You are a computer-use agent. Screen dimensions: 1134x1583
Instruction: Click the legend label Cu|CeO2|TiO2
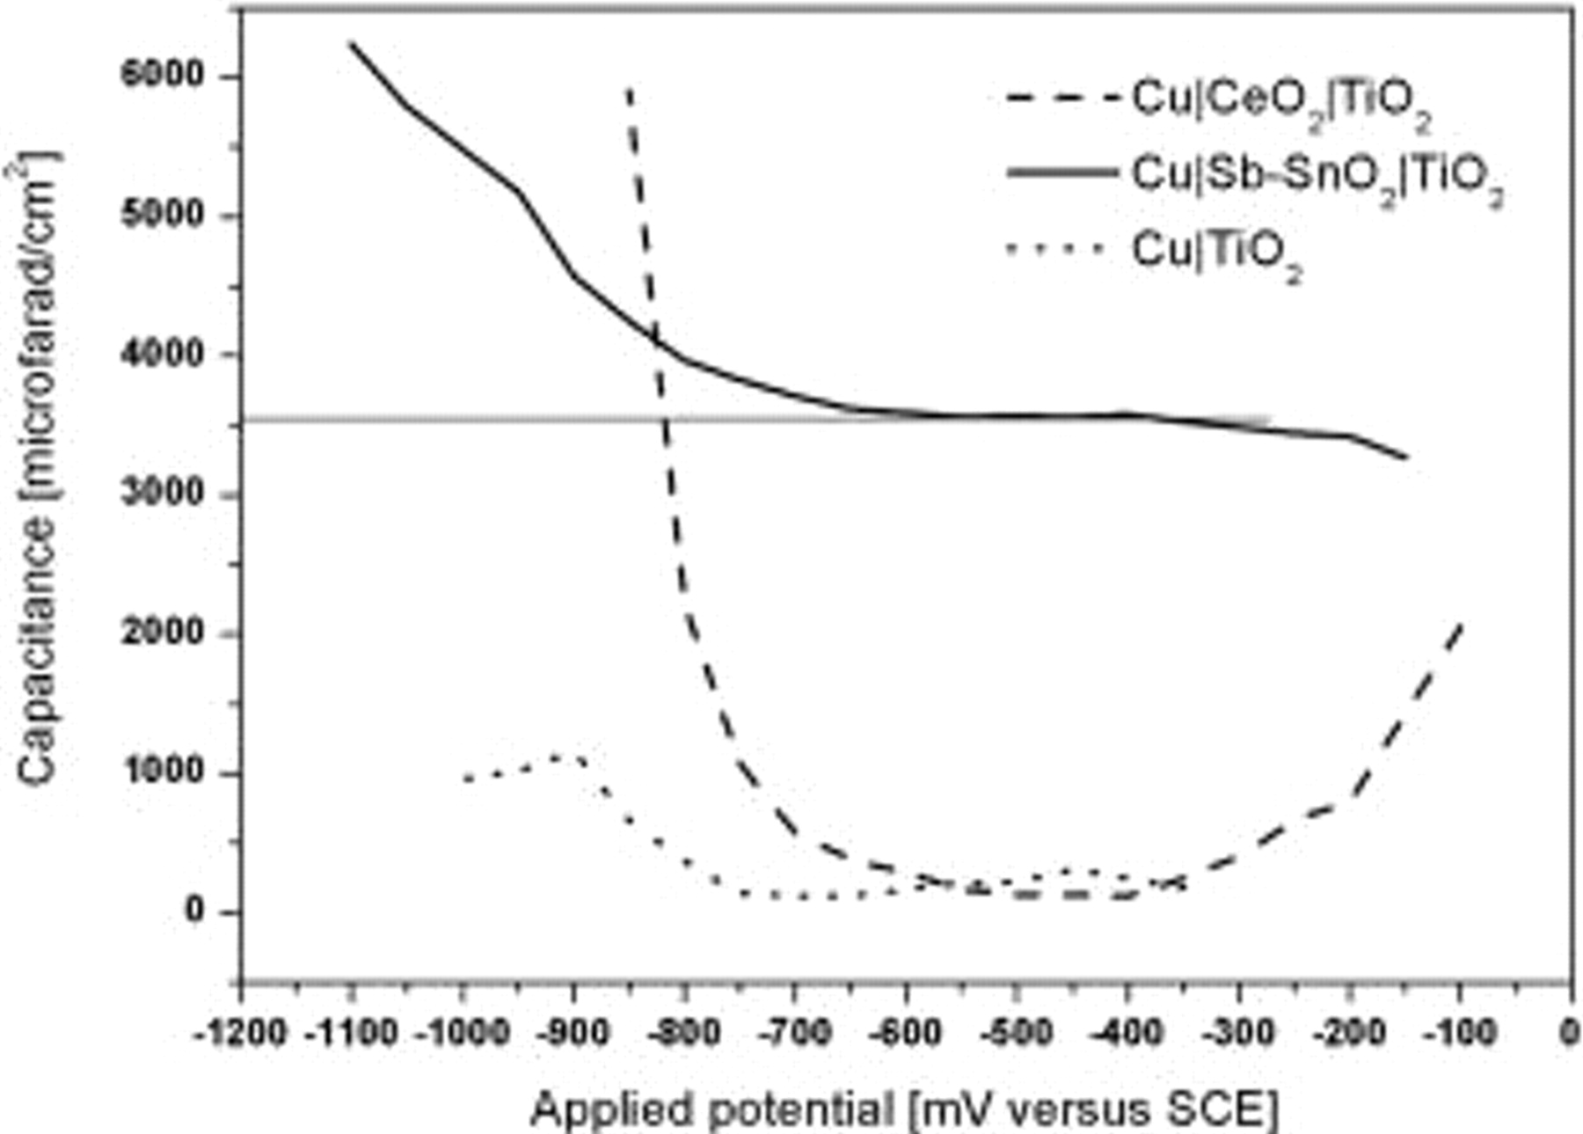coord(1280,103)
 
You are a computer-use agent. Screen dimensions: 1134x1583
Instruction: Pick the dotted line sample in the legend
coord(1055,249)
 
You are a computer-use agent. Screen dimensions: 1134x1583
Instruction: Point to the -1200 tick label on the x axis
coord(240,1030)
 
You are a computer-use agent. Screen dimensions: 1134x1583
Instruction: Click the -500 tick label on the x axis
coord(1017,1030)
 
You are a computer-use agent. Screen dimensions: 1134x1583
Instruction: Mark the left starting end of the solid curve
coord(351,42)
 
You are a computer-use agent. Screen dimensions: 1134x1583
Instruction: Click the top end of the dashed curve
coord(630,88)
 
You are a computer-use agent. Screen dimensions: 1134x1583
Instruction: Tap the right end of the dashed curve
coord(1462,623)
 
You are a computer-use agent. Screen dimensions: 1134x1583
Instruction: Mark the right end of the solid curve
coord(1407,457)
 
